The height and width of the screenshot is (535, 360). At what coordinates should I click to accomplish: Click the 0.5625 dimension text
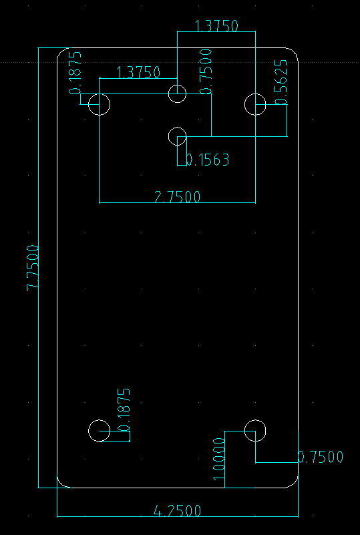[x=281, y=82]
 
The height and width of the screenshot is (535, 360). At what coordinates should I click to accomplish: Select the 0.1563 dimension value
[x=208, y=160]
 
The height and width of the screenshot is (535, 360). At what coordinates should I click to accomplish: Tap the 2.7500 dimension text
[x=178, y=197]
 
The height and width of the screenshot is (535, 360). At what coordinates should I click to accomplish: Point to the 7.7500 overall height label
[x=33, y=267]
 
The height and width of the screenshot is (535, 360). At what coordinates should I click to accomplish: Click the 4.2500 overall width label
[x=178, y=511]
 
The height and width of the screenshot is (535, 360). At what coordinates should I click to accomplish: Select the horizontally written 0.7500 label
[x=321, y=457]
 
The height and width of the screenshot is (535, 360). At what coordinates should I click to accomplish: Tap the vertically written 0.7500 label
[x=206, y=71]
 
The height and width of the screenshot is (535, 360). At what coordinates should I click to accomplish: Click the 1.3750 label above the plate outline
[x=216, y=25]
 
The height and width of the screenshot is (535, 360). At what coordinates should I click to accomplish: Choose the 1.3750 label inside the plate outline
[x=138, y=72]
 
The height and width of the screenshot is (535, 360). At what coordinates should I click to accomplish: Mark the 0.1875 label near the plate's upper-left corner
[x=75, y=73]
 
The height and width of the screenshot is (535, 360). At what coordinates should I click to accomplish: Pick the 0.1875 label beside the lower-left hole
[x=124, y=410]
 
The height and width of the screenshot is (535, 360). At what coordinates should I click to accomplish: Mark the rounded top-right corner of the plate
[x=294, y=52]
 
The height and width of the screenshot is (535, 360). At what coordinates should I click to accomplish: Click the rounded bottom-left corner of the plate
[x=61, y=484]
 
